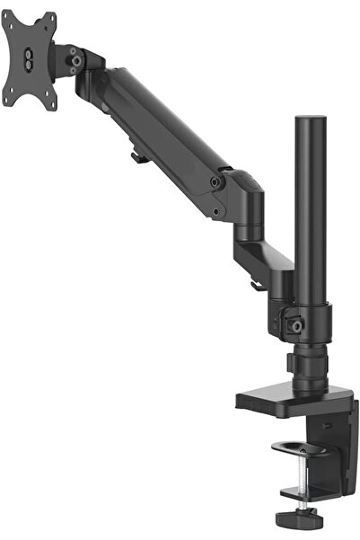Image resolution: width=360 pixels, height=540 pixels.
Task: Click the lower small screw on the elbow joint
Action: pos(215,212)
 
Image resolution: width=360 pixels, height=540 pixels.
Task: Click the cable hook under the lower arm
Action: pos(257,286)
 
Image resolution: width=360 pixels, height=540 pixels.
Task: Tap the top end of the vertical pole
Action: pos(308,120)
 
